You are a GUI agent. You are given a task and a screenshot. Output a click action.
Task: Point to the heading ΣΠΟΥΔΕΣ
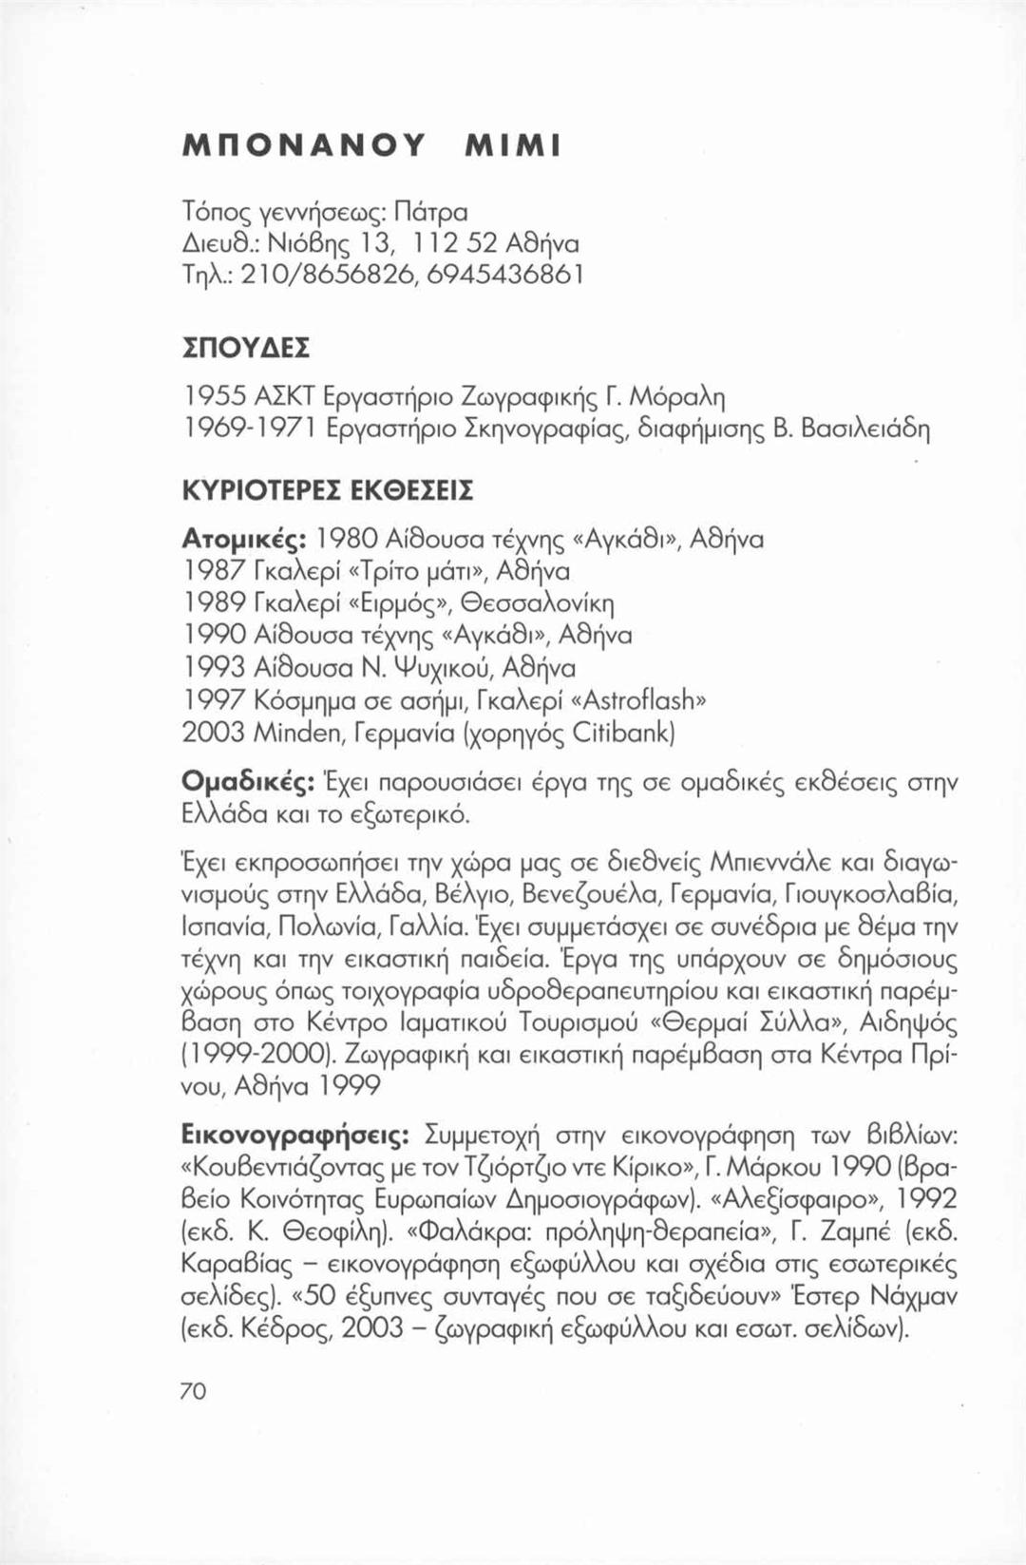[x=245, y=347]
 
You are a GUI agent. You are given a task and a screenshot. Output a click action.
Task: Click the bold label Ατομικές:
[x=243, y=540]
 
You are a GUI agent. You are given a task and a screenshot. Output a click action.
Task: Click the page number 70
[x=193, y=1390]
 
